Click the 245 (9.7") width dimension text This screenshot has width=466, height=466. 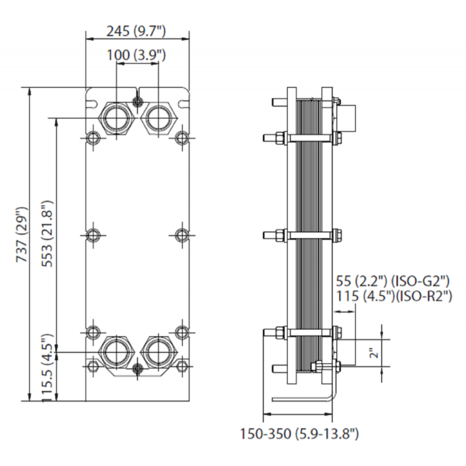pyautogui.click(x=136, y=31)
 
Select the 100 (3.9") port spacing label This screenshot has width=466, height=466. pyautogui.click(x=136, y=55)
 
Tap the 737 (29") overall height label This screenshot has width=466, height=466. pyautogui.click(x=22, y=234)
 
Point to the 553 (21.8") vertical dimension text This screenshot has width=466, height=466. pyautogui.click(x=47, y=234)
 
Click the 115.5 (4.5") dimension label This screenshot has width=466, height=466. pyautogui.click(x=47, y=368)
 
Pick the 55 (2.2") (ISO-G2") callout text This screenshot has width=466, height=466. pyautogui.click(x=393, y=280)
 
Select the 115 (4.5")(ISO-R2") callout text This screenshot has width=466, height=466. pyautogui.click(x=394, y=296)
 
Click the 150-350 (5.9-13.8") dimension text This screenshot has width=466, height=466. pyautogui.click(x=299, y=434)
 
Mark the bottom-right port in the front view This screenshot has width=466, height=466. pyautogui.click(x=159, y=352)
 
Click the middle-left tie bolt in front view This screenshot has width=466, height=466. pyautogui.click(x=93, y=235)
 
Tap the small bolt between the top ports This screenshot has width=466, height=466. pyautogui.click(x=137, y=102)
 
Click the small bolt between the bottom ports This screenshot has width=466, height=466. pyautogui.click(x=137, y=368)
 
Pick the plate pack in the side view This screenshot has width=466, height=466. pyautogui.click(x=309, y=235)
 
